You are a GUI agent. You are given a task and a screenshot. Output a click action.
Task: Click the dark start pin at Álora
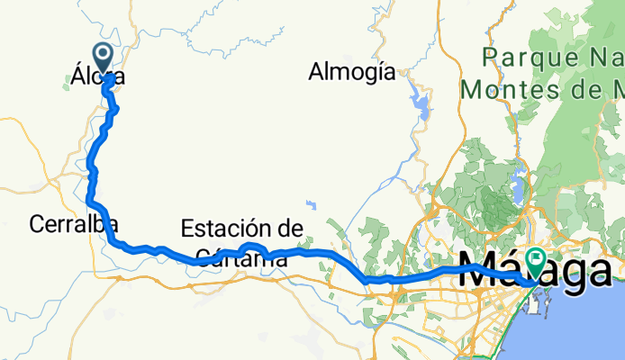pyautogui.click(x=103, y=58)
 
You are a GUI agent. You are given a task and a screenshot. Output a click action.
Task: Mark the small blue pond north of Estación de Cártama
pyautogui.click(x=310, y=204)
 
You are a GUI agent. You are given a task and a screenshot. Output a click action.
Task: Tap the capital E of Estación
pyautogui.click(x=188, y=229)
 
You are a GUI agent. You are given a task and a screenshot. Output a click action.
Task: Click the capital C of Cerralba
pyautogui.click(x=36, y=225)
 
